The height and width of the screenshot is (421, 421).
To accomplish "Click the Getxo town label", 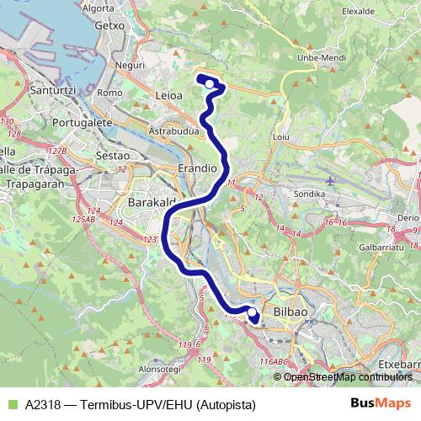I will [110, 25].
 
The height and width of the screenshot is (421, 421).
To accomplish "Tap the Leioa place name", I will [169, 96].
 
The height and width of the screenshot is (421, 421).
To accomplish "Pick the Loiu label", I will [281, 136].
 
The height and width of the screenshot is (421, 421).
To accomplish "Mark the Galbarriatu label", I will [381, 248].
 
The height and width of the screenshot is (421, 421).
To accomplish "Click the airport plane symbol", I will [329, 179].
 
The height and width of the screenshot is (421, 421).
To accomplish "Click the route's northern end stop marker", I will [210, 83].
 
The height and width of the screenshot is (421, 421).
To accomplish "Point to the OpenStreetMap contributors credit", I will [351, 377].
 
